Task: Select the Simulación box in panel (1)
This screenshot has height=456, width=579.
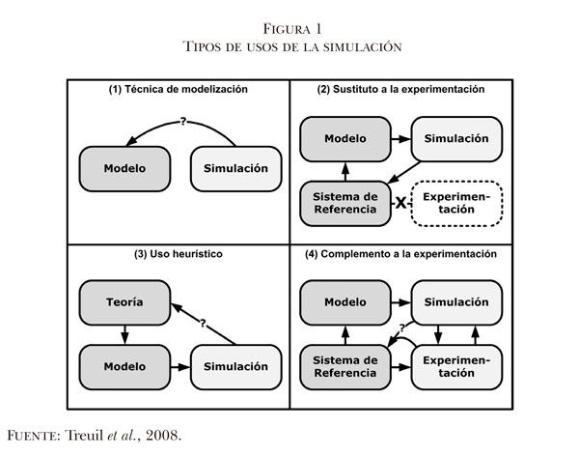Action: pyautogui.click(x=234, y=167)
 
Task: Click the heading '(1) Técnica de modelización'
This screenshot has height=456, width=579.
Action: pyautogui.click(x=178, y=89)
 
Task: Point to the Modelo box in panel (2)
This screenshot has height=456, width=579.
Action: pyautogui.click(x=345, y=138)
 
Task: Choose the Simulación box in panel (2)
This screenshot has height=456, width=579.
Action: pyautogui.click(x=457, y=138)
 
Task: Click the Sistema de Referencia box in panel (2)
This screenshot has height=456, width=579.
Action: pyautogui.click(x=345, y=204)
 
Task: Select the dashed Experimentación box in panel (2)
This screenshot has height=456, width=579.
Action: pyautogui.click(x=457, y=204)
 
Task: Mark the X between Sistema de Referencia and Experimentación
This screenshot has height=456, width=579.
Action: pyautogui.click(x=399, y=203)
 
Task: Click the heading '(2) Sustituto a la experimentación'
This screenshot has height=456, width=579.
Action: pyautogui.click(x=400, y=89)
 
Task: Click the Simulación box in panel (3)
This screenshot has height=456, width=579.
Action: pyautogui.click(x=234, y=367)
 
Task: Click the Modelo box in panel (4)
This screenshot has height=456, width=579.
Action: pyautogui.click(x=345, y=302)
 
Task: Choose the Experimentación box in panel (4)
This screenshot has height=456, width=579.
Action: pyautogui.click(x=457, y=367)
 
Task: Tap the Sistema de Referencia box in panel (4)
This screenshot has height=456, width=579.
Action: pyautogui.click(x=345, y=367)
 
